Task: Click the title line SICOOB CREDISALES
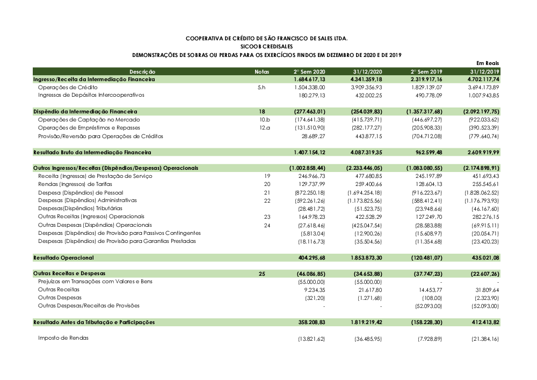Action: coord(266,47)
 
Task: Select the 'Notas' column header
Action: coord(262,71)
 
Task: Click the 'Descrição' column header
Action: coord(142,71)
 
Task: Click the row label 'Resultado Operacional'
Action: coord(63,258)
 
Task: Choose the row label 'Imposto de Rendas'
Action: coord(63,338)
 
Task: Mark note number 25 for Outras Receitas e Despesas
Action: coord(262,274)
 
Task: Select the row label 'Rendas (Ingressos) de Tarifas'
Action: coord(75,184)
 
